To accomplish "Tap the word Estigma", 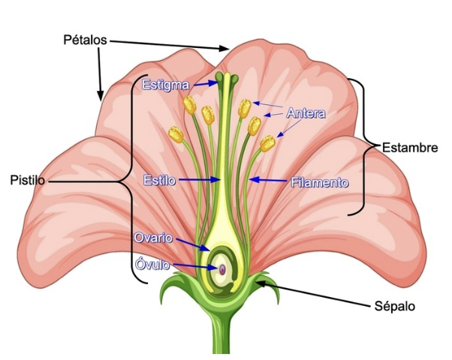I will click(165, 84).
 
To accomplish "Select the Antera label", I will click(305, 113).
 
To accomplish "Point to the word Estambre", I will click(409, 147).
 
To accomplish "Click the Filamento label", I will click(320, 181).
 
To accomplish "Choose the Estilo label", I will click(159, 180).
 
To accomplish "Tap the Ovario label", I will click(153, 238).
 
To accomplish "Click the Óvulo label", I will click(152, 265).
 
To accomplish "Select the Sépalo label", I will click(394, 306).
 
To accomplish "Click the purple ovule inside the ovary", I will click(223, 268).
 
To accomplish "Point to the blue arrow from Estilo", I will click(198, 180).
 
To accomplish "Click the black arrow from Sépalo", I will click(315, 292).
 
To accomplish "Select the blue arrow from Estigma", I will click(203, 84).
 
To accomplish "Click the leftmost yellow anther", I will click(176, 134).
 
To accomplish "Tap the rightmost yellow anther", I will click(267, 142).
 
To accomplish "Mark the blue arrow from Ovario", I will click(192, 244).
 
